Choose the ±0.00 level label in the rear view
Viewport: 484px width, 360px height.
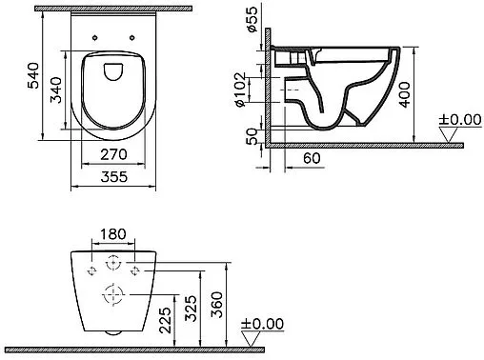263,323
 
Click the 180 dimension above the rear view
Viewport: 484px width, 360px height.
113,233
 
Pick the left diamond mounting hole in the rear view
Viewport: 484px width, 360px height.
92,270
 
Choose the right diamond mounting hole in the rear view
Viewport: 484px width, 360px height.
135,270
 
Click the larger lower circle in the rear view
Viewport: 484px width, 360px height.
113,292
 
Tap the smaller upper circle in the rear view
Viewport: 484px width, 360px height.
113,263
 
